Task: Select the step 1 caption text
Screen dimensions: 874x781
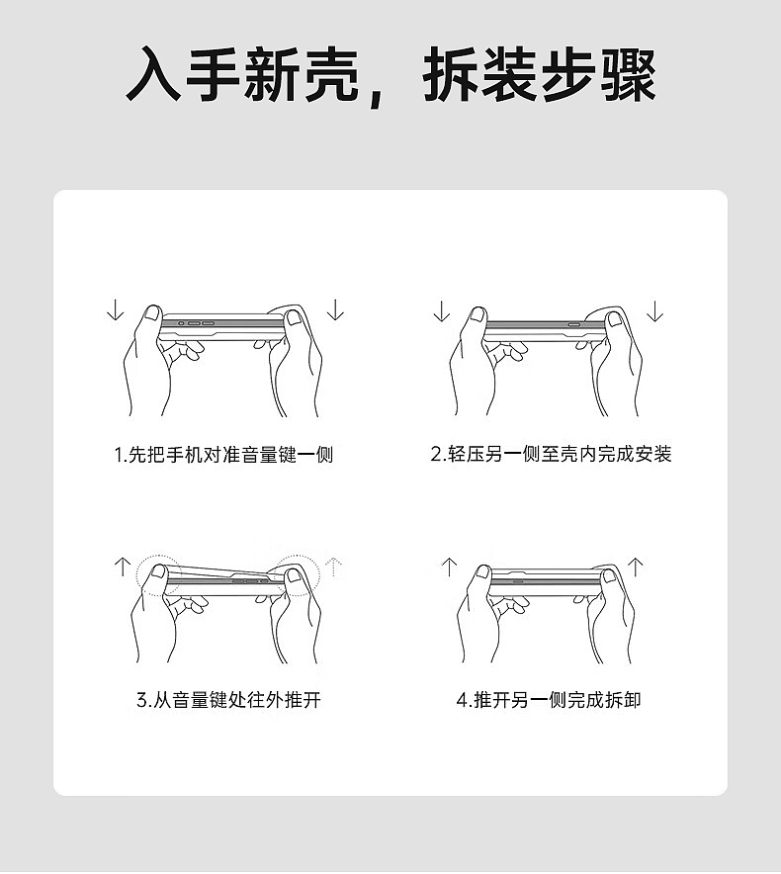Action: click(x=222, y=455)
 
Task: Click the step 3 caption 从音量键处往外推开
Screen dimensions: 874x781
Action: click(x=227, y=700)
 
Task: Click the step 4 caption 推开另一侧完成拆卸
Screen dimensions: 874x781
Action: click(x=549, y=700)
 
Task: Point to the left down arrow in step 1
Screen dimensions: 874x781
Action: click(x=115, y=309)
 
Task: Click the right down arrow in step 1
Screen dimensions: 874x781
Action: click(x=336, y=309)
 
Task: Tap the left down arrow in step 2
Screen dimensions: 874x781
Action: click(x=441, y=311)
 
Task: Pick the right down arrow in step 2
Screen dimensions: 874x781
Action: click(x=654, y=311)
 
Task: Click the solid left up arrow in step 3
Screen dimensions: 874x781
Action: click(x=122, y=567)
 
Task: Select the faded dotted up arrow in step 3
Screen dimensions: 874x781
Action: click(x=334, y=567)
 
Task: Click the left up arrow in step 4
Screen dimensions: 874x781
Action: click(x=449, y=567)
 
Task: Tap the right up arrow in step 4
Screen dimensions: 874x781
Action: click(x=636, y=567)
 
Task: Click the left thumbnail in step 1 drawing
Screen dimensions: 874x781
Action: click(x=151, y=314)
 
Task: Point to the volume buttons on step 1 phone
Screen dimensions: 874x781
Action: click(x=197, y=321)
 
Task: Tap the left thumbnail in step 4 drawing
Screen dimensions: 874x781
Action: click(x=481, y=572)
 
